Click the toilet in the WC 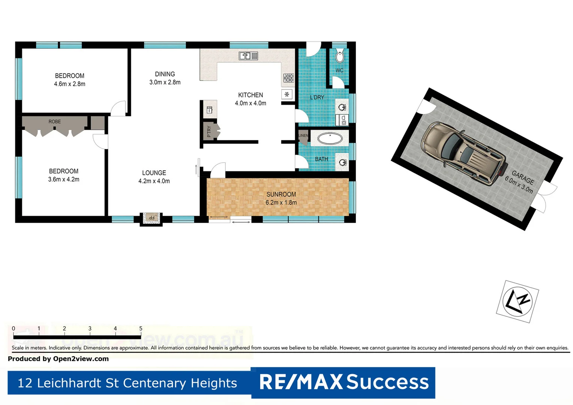tap(339, 56)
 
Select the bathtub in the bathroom tap(330, 139)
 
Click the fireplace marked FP tap(151, 218)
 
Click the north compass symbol tap(517, 301)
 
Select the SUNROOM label tap(281, 194)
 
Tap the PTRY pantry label tap(209, 131)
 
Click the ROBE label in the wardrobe tap(55, 121)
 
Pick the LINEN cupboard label tap(303, 135)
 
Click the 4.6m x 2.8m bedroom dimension tap(70, 84)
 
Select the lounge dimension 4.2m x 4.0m tap(154, 181)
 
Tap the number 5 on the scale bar tap(141, 328)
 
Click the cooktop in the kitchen tap(288, 78)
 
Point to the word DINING tap(165, 74)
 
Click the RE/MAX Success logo tap(343, 382)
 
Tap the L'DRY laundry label tap(317, 97)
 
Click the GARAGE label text tap(523, 177)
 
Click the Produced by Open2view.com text tap(58, 359)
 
